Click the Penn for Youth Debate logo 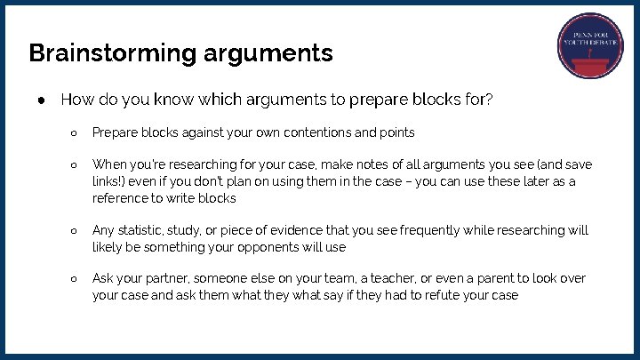(591, 47)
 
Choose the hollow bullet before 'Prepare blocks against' (75, 132)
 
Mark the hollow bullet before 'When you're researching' (75, 165)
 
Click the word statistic (142, 230)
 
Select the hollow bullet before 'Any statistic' (75, 230)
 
